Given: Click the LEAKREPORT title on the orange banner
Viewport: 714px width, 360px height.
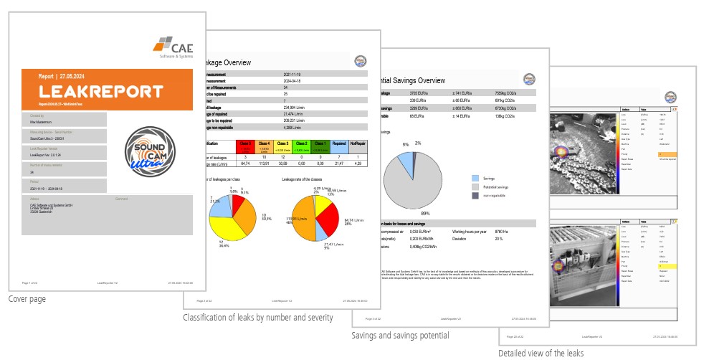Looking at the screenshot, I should [x=101, y=91].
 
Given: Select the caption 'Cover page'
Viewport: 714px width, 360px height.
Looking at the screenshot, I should [x=27, y=299].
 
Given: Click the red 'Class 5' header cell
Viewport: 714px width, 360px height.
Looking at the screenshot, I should [x=246, y=147].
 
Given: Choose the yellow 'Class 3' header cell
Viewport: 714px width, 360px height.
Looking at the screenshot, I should [x=282, y=147].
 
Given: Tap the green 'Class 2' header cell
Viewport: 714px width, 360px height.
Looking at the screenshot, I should [x=302, y=147].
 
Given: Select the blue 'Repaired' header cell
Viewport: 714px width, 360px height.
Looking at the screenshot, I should [x=341, y=147].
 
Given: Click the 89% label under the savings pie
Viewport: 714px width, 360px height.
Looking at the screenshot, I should [x=425, y=214].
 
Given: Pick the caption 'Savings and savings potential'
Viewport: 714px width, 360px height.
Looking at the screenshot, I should [x=400, y=336].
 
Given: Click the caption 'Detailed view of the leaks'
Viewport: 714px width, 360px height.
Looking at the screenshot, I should [x=541, y=353].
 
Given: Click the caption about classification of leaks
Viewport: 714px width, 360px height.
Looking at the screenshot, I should [x=268, y=317].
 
